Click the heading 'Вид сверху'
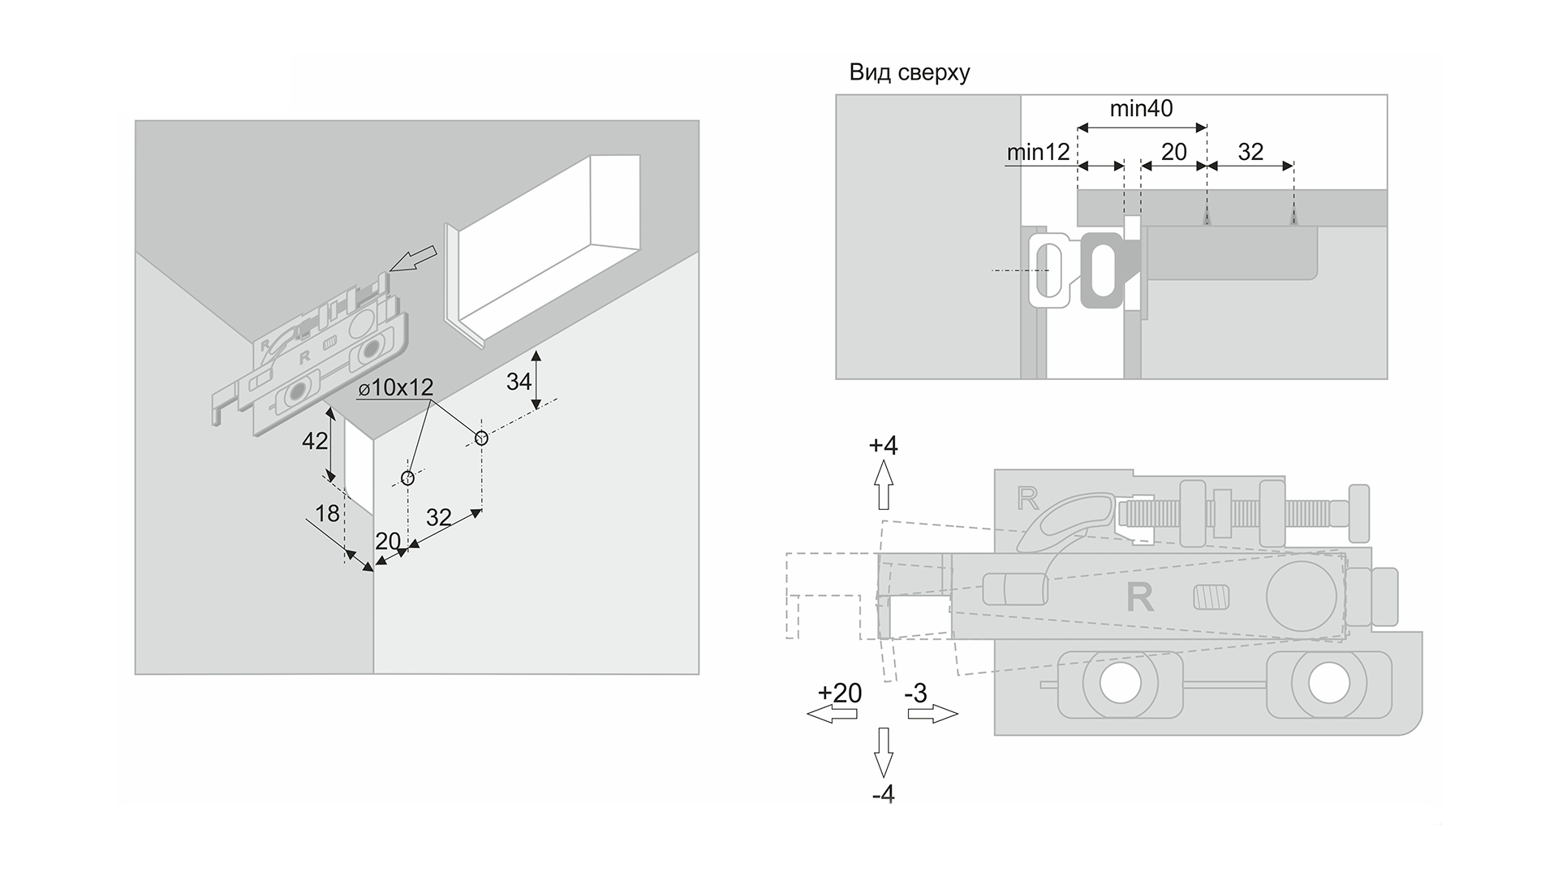[x=909, y=73]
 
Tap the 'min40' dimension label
[x=1141, y=108]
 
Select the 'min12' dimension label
[x=1037, y=153]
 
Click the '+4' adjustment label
[x=883, y=446]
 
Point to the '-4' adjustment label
[x=883, y=794]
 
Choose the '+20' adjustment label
[x=840, y=693]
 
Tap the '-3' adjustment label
[x=915, y=693]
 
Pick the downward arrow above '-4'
[x=883, y=752]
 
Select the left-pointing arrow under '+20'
[x=832, y=714]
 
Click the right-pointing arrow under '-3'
[x=932, y=714]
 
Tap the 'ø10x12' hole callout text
[x=396, y=387]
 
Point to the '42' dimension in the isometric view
[x=314, y=441]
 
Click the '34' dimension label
[x=519, y=381]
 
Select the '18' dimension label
[x=327, y=513]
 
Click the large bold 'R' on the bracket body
[x=1140, y=598]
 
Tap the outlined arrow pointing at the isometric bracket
[x=413, y=259]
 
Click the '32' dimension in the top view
[x=1250, y=152]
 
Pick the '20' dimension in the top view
[x=1174, y=152]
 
